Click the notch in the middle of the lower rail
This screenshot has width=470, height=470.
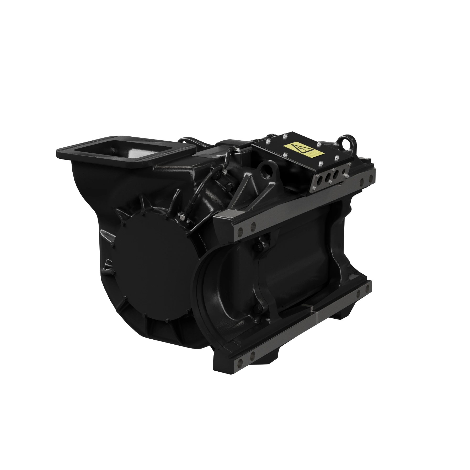coord(312,310)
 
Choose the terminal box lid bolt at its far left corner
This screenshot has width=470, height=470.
coord(268,142)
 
